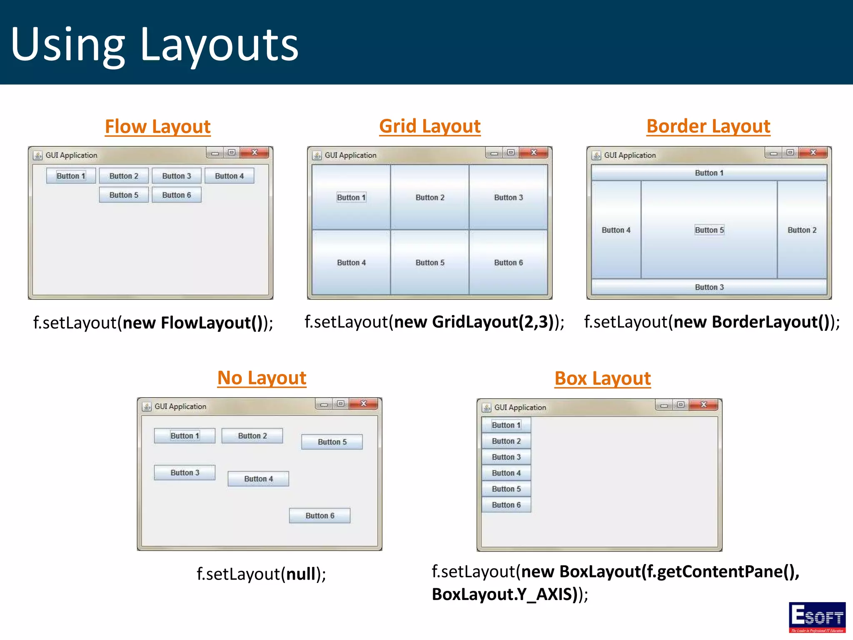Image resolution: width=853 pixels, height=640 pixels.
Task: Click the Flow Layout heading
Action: pyautogui.click(x=157, y=126)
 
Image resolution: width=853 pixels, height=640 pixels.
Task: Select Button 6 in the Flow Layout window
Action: pyautogui.click(x=177, y=195)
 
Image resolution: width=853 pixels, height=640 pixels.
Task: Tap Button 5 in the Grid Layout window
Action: pyautogui.click(x=430, y=262)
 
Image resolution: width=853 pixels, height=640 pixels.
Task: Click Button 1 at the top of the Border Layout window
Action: pyautogui.click(x=709, y=173)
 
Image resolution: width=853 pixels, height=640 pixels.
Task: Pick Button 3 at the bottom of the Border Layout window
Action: pyautogui.click(x=709, y=287)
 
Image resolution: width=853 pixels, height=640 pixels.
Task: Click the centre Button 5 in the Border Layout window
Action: pyautogui.click(x=709, y=230)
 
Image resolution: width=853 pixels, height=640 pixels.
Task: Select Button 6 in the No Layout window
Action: pyautogui.click(x=319, y=515)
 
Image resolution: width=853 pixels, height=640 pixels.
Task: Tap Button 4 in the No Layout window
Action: pyautogui.click(x=258, y=479)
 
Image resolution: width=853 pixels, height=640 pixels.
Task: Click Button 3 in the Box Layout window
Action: pyautogui.click(x=506, y=457)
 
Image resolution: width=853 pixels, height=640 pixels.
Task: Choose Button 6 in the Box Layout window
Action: pyautogui.click(x=506, y=505)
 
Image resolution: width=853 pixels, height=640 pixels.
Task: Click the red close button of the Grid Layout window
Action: pyautogui.click(x=534, y=152)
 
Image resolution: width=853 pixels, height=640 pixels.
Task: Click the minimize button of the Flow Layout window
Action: pyautogui.click(x=215, y=153)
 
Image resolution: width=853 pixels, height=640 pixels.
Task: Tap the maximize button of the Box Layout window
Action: pyautogui.click(x=681, y=405)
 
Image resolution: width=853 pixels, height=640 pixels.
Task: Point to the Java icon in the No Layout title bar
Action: pyautogui.click(x=147, y=406)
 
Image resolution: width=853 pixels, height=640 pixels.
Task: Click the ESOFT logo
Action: pyautogui.click(x=817, y=617)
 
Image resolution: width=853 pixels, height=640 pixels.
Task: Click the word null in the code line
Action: pyautogui.click(x=301, y=574)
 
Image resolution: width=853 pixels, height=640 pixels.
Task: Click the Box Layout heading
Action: pyautogui.click(x=602, y=378)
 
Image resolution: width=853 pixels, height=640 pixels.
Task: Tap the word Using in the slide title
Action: pyautogui.click(x=67, y=44)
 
